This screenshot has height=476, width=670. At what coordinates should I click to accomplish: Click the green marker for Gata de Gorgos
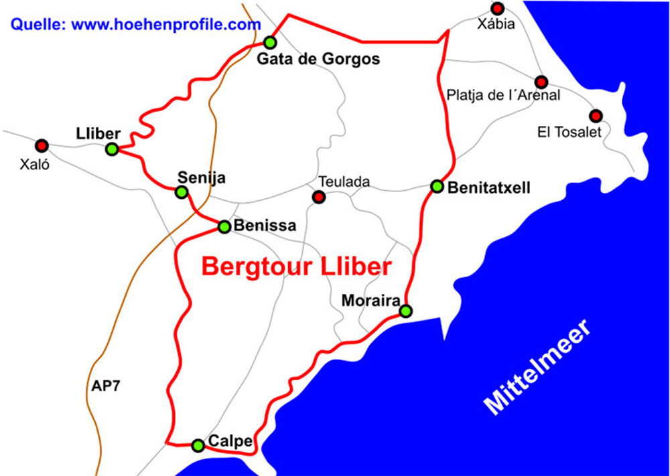tap(270, 42)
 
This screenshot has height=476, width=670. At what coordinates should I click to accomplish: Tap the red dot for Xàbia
tap(497, 9)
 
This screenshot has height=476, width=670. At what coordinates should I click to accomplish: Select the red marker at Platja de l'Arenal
tap(542, 82)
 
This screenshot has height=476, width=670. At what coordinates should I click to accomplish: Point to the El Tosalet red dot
tap(596, 115)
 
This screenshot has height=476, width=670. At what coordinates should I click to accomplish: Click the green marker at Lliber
tap(112, 149)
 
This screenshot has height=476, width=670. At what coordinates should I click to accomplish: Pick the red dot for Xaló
tap(42, 145)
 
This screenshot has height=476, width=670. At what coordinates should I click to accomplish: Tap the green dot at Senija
tap(181, 193)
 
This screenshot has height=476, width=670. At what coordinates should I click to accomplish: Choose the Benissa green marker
tap(224, 227)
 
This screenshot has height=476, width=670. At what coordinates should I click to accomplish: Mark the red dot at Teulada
tap(319, 197)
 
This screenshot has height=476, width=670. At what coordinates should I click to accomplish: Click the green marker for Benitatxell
tap(437, 186)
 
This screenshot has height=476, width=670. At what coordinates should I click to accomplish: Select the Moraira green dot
tap(405, 311)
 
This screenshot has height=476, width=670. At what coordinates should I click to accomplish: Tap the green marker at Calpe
tap(198, 445)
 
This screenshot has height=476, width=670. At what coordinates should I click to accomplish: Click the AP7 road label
tap(105, 386)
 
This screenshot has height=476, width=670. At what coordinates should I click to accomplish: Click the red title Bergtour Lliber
tap(296, 266)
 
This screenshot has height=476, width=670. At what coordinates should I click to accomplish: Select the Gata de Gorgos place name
tap(319, 60)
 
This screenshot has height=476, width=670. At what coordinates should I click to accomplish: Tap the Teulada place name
tap(344, 181)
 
